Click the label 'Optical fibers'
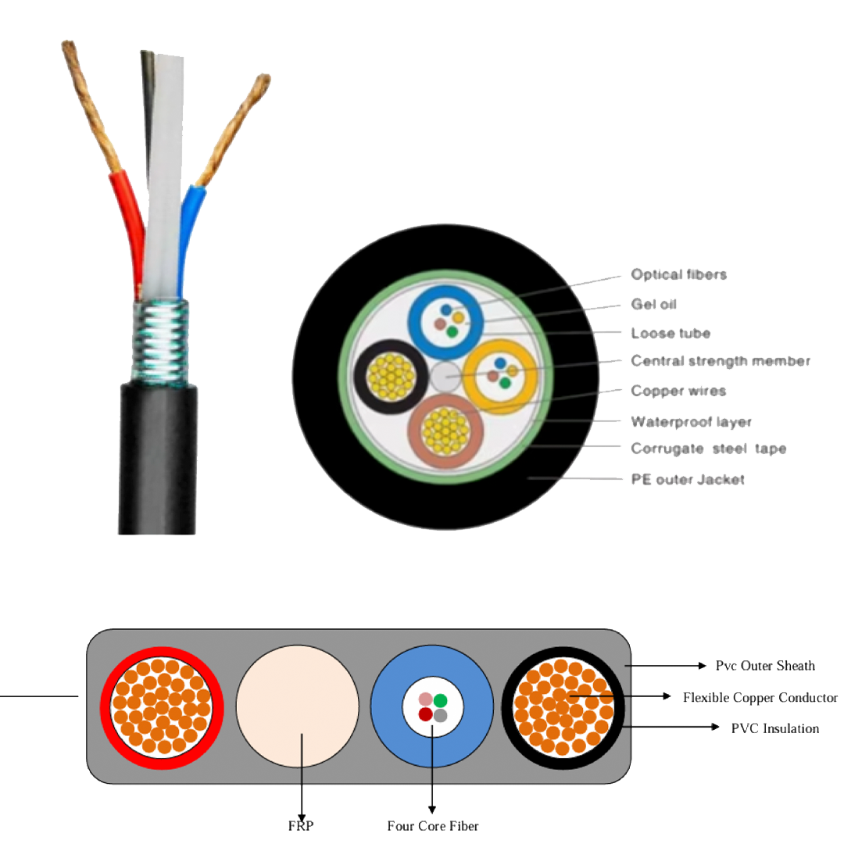(x=679, y=274)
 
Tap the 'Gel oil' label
(x=653, y=304)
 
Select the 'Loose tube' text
(x=671, y=333)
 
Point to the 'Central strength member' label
(x=721, y=361)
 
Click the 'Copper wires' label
(x=679, y=391)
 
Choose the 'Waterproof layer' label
(x=691, y=421)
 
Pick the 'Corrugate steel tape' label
(x=708, y=449)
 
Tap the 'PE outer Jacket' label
(x=688, y=480)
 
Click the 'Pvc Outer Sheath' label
(x=765, y=666)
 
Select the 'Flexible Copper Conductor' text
(x=760, y=698)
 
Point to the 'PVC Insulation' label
(x=775, y=728)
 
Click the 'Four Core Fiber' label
(x=433, y=826)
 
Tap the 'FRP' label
(x=301, y=826)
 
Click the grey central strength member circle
(x=445, y=377)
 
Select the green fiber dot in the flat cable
(x=440, y=700)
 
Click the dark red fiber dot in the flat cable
(x=425, y=714)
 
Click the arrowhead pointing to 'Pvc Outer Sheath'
(x=702, y=666)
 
